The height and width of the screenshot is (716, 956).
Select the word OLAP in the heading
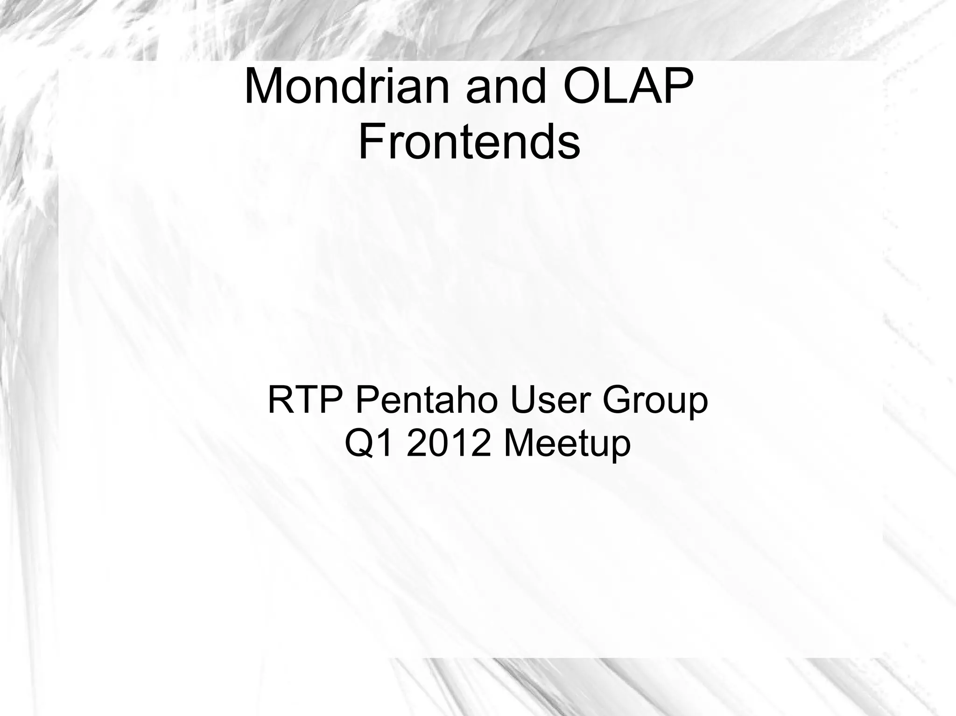click(x=628, y=87)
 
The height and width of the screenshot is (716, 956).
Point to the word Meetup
click(x=567, y=444)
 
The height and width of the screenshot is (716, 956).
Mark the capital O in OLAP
click(x=583, y=87)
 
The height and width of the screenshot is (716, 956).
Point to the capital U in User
click(x=524, y=400)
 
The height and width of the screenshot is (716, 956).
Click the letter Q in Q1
click(x=359, y=444)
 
